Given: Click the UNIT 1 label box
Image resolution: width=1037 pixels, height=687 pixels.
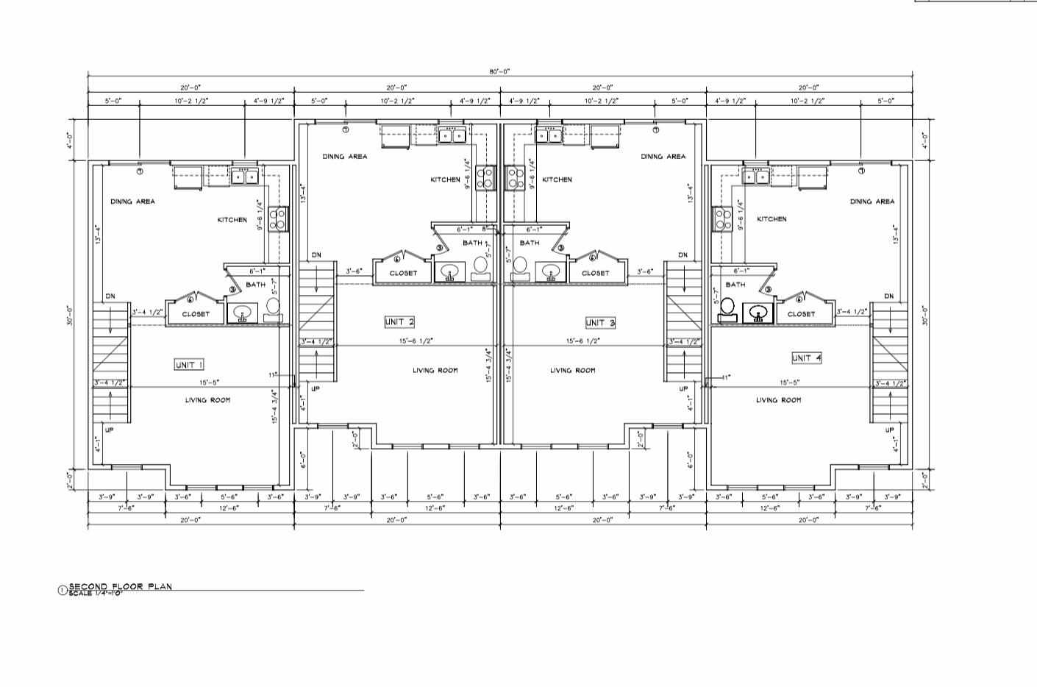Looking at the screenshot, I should click(189, 365).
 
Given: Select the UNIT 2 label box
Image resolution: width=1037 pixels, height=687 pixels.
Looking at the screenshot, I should click(400, 321).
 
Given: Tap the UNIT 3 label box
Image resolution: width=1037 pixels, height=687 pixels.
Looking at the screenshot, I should click(600, 322).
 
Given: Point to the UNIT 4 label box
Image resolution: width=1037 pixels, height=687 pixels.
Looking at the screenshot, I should click(807, 357).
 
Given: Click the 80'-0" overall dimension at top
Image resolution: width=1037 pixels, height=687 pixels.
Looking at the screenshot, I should click(500, 71).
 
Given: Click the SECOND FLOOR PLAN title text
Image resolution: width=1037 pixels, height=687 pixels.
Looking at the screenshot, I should click(120, 586).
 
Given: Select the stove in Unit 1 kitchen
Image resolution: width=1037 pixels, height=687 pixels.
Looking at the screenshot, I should click(278, 218).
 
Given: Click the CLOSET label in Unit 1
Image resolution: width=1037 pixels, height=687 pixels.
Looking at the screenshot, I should click(196, 314).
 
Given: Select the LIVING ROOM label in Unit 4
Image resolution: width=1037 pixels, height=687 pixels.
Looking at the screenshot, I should click(778, 400).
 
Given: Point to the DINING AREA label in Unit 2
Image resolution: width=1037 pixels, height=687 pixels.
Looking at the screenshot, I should click(344, 156).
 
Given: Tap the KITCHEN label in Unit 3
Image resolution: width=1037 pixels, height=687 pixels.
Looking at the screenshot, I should click(557, 179).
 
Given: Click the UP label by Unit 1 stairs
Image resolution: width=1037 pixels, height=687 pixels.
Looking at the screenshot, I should click(109, 430).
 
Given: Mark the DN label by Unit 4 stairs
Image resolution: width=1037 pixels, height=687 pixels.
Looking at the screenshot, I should click(888, 296).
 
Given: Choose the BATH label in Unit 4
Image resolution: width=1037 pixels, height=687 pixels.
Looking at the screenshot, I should click(735, 284).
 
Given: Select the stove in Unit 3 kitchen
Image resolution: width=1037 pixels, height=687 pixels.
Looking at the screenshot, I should click(514, 177).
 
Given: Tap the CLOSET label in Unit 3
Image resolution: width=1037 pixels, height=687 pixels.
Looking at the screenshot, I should click(595, 273).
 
